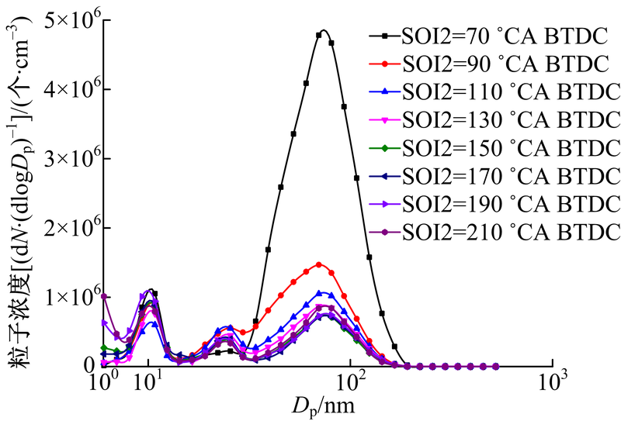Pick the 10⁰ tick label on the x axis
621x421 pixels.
104,383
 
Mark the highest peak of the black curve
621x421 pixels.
323,31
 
